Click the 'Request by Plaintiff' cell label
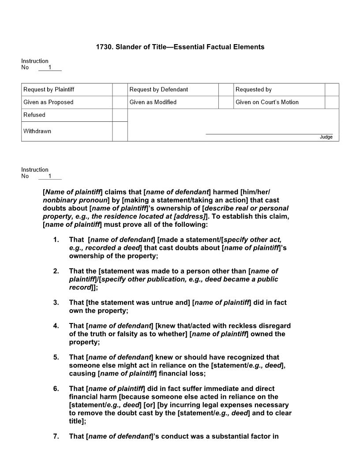point(49,90)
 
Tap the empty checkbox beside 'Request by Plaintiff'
point(120,90)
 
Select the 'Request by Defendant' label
point(158,90)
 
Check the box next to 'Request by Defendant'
point(225,90)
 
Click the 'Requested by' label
point(253,90)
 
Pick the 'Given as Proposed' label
point(48,102)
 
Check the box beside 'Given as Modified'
point(225,102)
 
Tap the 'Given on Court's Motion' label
point(266,102)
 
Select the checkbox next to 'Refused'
point(120,115)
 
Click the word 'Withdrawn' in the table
point(37,131)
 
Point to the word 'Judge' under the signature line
point(326,137)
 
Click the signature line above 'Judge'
point(269,134)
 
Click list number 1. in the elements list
point(56,240)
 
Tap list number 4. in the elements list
point(56,326)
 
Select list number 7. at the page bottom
point(56,436)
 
